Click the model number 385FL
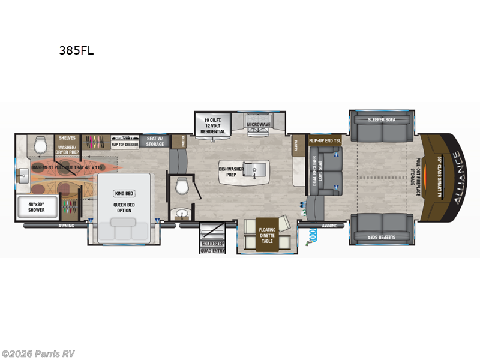click(x=76, y=51)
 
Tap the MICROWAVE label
click(x=259, y=125)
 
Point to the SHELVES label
click(x=67, y=138)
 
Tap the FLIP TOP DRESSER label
click(x=125, y=145)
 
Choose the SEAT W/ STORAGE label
click(x=155, y=141)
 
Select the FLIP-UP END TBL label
click(x=325, y=140)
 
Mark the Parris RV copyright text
click(x=38, y=353)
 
